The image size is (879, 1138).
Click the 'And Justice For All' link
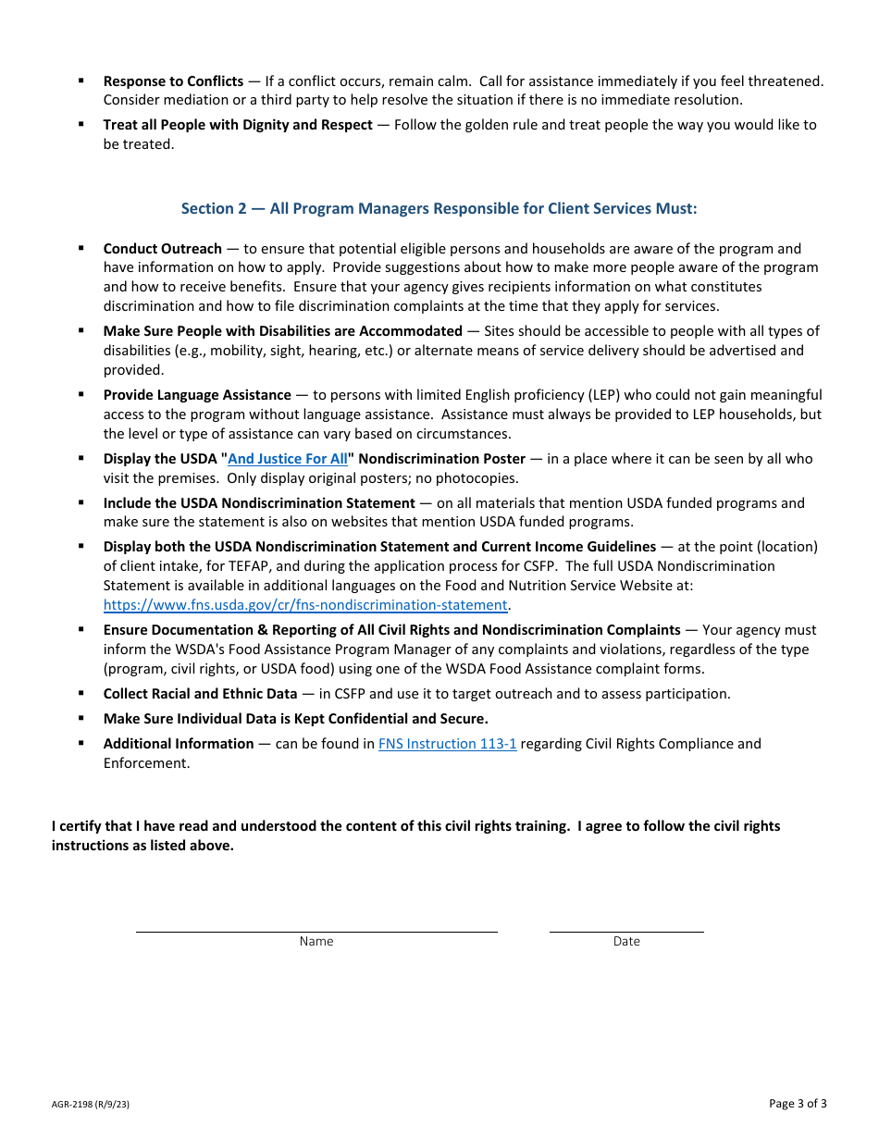pos(288,459)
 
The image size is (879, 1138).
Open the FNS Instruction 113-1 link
pos(447,744)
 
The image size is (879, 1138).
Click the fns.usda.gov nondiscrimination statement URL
pos(305,605)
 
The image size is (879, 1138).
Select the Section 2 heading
pos(439,209)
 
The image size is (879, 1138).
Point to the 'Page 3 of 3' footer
pos(798,1103)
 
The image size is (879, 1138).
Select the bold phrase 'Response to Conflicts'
pos(173,81)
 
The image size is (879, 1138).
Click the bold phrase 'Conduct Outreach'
pos(162,249)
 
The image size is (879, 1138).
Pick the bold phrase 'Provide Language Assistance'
pos(197,395)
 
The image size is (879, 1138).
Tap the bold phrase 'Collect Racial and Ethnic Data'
pos(200,694)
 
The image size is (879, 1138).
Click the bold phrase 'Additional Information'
pos(179,744)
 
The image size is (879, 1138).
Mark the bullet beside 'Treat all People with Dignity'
pos(81,124)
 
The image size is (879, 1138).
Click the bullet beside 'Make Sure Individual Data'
pos(81,718)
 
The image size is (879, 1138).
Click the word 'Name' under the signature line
pos(316,942)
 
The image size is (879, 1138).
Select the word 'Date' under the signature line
pos(626,942)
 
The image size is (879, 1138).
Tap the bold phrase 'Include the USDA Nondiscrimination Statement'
pos(259,503)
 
